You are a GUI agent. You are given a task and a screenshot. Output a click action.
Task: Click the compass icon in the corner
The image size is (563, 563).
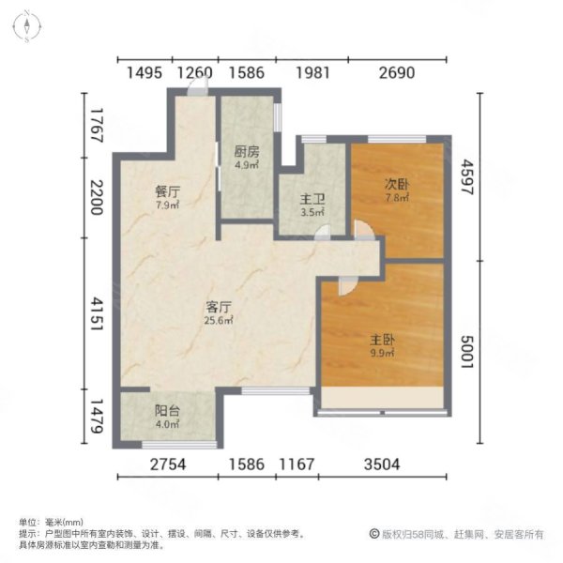point(30,27)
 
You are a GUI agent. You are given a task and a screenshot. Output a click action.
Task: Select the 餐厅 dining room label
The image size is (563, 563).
point(167,190)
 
